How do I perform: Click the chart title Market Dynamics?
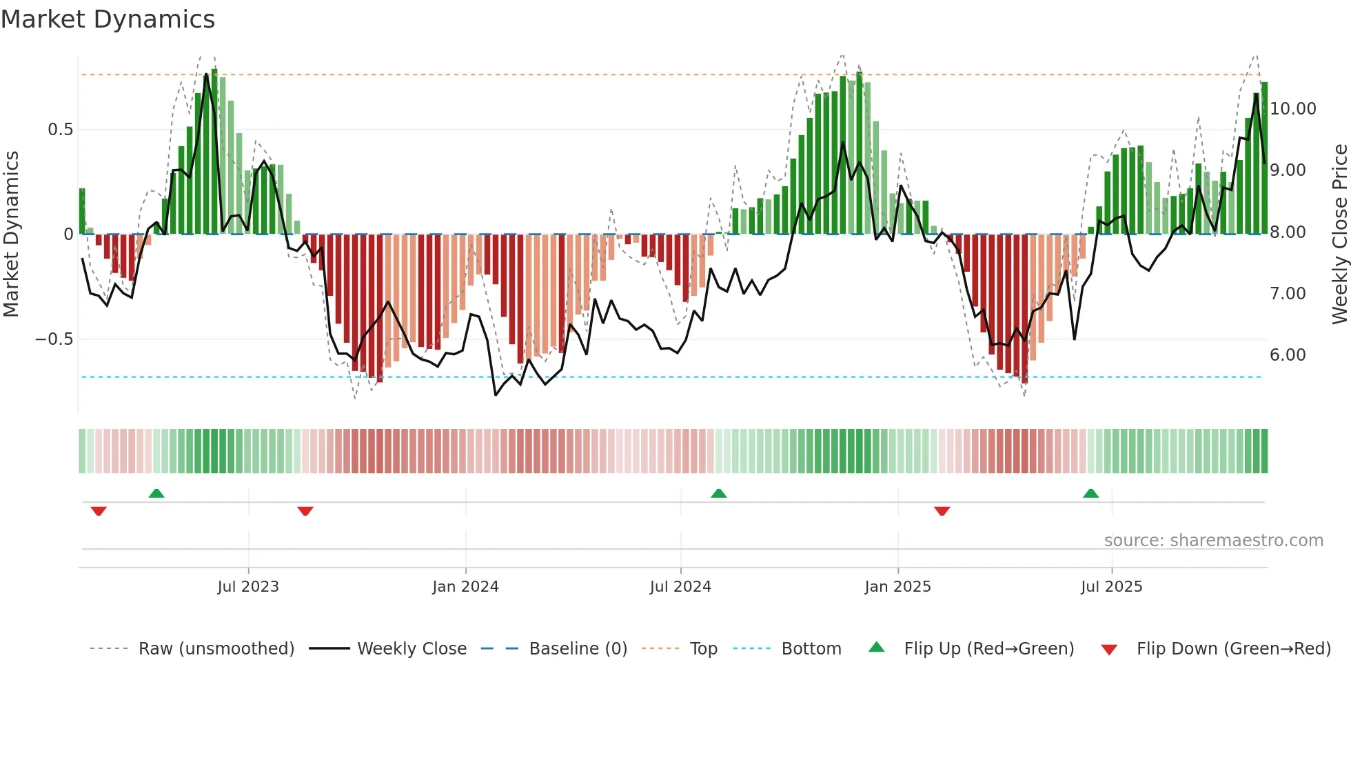tap(108, 19)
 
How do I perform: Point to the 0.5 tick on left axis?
tap(60, 130)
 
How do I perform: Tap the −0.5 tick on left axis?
tap(54, 339)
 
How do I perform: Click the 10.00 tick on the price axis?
tap(1292, 109)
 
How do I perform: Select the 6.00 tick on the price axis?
tap(1287, 355)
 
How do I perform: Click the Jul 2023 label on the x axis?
tap(248, 587)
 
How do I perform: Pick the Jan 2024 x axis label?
tap(465, 587)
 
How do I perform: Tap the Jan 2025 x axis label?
tap(897, 587)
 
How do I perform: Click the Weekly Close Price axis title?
tap(1339, 234)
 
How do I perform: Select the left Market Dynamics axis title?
tap(11, 234)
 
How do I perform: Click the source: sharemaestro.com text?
tap(1213, 541)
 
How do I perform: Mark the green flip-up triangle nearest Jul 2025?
tap(1090, 493)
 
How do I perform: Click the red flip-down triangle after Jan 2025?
tap(942, 511)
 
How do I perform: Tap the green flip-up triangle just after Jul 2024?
tap(718, 493)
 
